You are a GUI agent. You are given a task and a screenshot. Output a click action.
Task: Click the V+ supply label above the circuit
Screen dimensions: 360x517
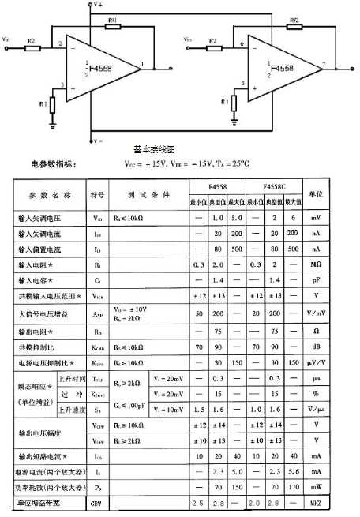(x=98, y=5)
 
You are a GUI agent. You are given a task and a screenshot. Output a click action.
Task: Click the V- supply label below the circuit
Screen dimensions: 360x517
(x=98, y=140)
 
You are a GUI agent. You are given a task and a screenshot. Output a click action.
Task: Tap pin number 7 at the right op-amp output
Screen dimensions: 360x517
(x=323, y=62)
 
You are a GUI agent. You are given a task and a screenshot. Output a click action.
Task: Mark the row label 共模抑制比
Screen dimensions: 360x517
(x=41, y=347)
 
